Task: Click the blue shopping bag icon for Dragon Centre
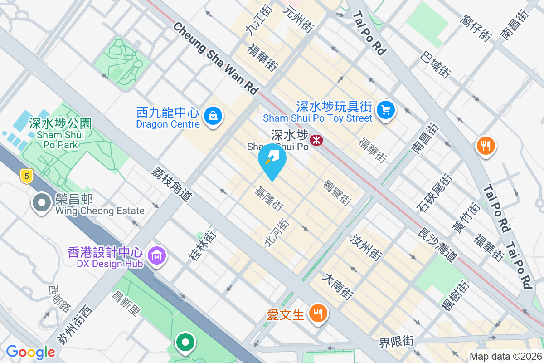(x=212, y=116)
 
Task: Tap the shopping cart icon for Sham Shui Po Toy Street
(x=386, y=109)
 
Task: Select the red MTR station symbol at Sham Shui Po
(x=316, y=140)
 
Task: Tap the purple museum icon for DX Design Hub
(x=157, y=256)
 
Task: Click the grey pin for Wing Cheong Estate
(x=42, y=202)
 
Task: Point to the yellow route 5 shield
(x=26, y=176)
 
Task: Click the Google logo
(x=30, y=352)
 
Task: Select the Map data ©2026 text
(x=505, y=357)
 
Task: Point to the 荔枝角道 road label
(x=172, y=184)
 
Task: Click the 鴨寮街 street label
(x=337, y=192)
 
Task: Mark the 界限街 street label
(x=397, y=341)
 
